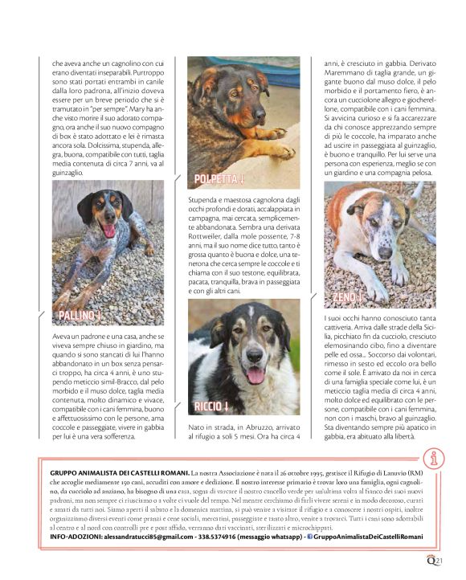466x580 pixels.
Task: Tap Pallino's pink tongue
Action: tap(108, 231)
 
